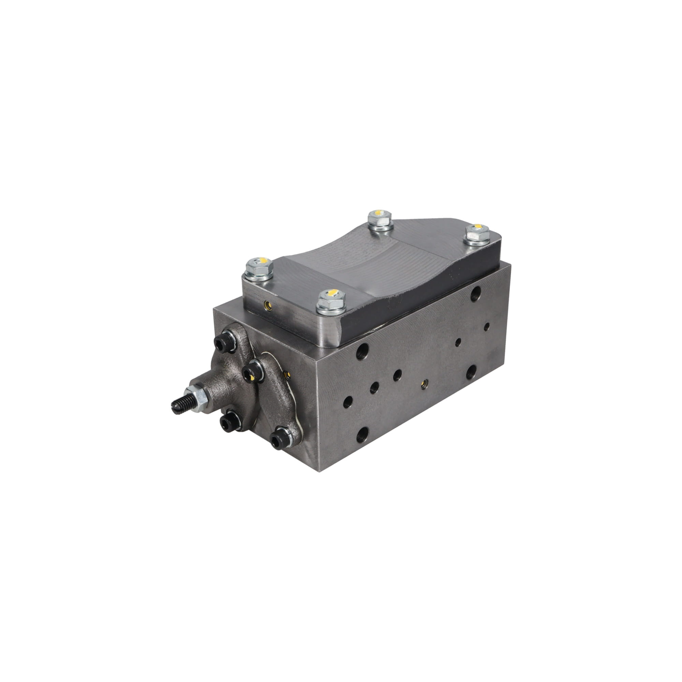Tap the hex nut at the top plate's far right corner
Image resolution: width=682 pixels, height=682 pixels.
(x=477, y=233)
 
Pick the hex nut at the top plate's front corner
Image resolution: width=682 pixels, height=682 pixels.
(x=331, y=301)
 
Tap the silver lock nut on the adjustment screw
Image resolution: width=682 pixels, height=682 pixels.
(x=197, y=397)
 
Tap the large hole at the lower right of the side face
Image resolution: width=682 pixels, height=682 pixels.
(x=471, y=371)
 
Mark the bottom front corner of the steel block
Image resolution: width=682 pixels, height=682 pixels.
(x=319, y=470)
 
